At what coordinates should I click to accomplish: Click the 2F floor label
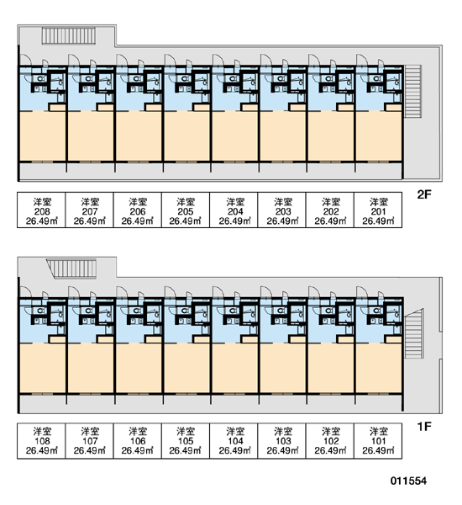point(423,194)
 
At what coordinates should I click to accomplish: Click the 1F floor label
point(423,426)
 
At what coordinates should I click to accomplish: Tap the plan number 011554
point(408,481)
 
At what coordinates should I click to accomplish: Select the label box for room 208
point(41,210)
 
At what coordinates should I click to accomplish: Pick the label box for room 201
point(378,210)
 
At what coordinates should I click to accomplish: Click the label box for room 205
point(186,210)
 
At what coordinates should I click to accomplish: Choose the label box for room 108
point(41,440)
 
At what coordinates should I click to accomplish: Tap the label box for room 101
point(378,440)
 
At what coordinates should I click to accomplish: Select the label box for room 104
point(234,440)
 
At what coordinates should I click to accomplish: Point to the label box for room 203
point(282,210)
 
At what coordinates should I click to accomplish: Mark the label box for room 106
point(138,440)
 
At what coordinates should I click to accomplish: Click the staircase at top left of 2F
point(69,35)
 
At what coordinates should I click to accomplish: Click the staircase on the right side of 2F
point(412,92)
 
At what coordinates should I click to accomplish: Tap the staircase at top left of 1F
point(71,268)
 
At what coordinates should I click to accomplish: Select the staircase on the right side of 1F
point(413,333)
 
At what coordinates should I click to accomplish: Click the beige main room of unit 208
point(43,136)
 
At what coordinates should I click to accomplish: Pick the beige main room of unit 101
point(379,368)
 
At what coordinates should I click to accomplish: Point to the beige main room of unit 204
point(235,136)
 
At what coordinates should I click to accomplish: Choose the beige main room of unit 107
point(91,368)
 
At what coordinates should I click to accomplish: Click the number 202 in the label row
point(331,211)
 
